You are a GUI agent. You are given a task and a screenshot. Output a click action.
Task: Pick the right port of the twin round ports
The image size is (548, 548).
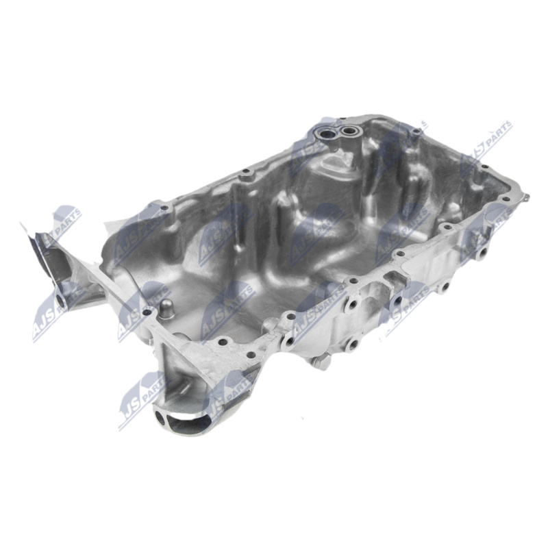pyautogui.click(x=349, y=131)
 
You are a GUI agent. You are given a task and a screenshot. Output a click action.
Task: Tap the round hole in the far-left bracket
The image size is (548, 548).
pyautogui.click(x=60, y=300)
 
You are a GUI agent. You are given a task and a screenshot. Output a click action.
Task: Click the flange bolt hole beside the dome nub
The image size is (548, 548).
pyautogui.click(x=147, y=312)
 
